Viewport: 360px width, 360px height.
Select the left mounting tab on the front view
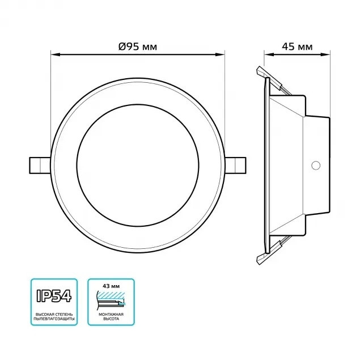coord(39,164)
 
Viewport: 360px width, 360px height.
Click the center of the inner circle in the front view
coord(138,164)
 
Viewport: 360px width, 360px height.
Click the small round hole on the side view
coord(316,166)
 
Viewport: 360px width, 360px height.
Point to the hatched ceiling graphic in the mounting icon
coord(111,294)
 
